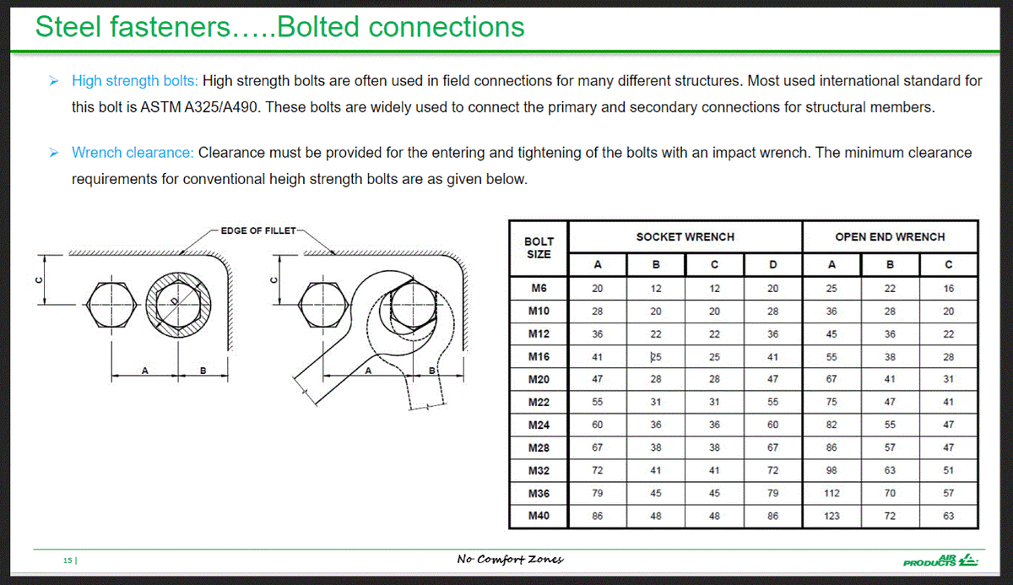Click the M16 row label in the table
(539, 356)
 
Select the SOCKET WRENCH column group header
(685, 237)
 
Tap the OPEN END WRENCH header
(890, 237)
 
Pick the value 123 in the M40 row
(832, 516)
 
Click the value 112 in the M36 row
(832, 493)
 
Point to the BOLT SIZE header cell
(539, 248)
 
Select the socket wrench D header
(773, 265)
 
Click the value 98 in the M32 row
(832, 470)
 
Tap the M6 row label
(539, 288)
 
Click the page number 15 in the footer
(68, 560)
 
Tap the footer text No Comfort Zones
(510, 559)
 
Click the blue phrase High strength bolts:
(135, 81)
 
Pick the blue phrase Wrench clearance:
(133, 153)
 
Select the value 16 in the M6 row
(948, 288)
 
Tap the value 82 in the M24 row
(832, 425)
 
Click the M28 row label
(539, 447)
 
